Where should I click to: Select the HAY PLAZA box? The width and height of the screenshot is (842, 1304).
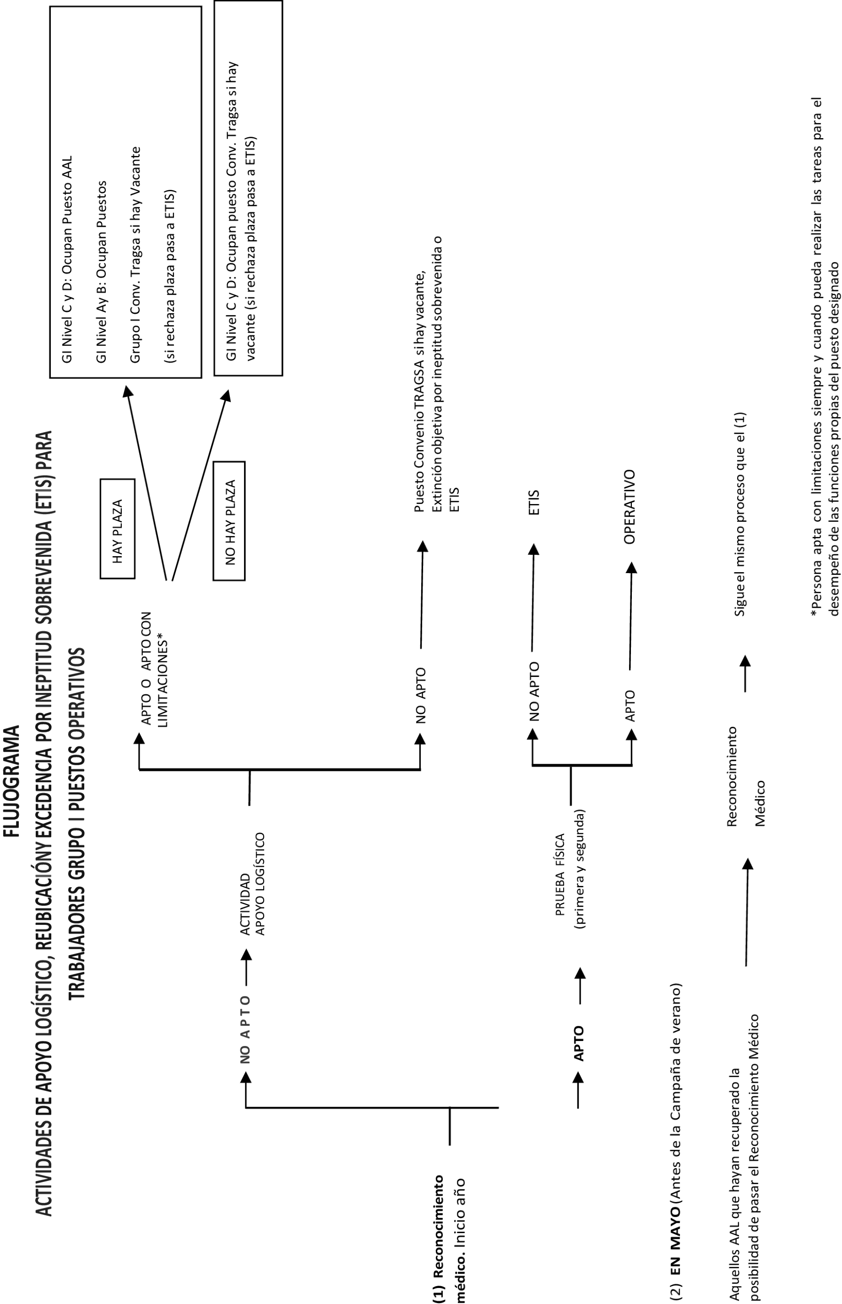tap(118, 528)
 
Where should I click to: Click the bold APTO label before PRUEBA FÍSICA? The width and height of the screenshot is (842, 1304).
tap(578, 1043)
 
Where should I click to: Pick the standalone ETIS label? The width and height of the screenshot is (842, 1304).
tap(534, 502)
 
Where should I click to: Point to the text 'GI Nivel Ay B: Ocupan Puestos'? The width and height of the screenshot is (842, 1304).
tap(101, 272)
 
